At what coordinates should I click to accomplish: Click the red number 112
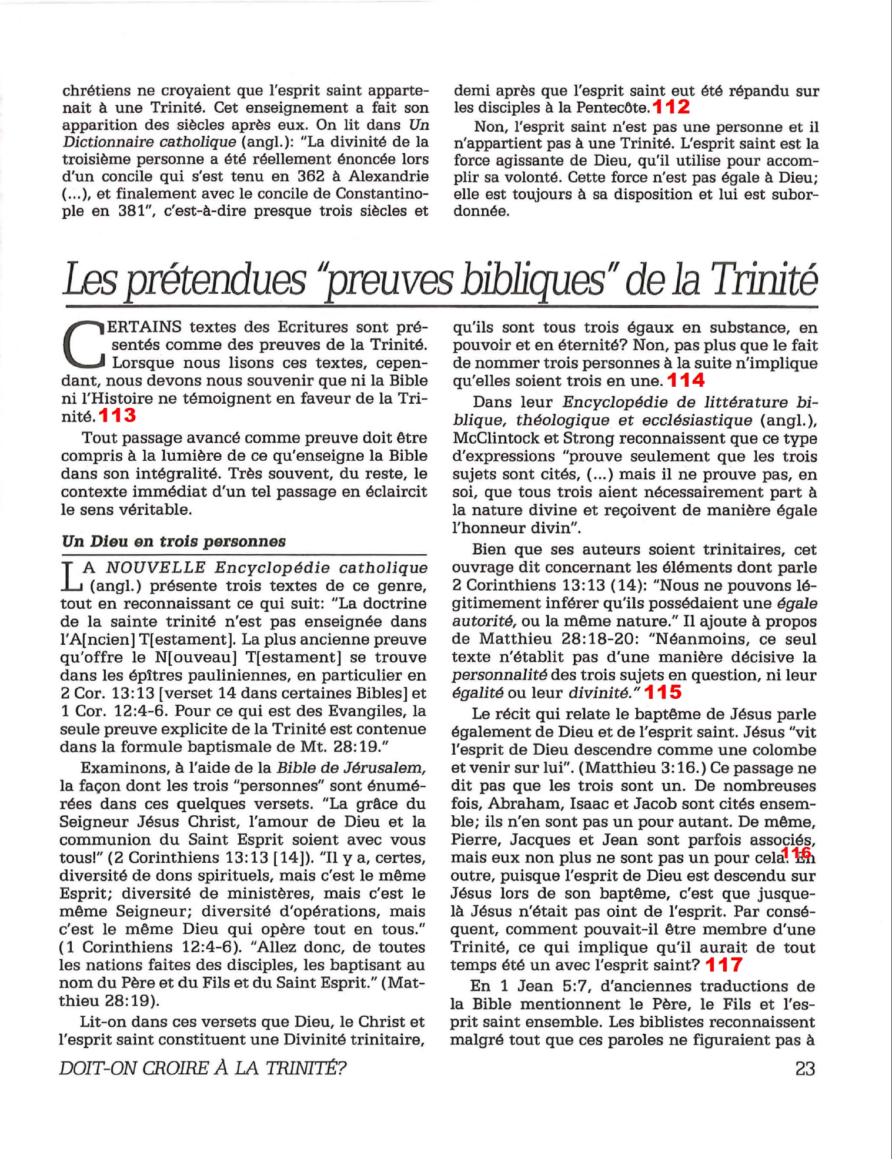[x=671, y=107]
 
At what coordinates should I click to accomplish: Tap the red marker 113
[x=118, y=416]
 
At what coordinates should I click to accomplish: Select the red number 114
[x=686, y=380]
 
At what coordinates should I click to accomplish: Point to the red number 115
[x=663, y=692]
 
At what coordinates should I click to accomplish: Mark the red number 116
[x=797, y=853]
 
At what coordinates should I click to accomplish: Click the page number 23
[x=805, y=1068]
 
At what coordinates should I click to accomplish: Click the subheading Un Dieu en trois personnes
[x=173, y=541]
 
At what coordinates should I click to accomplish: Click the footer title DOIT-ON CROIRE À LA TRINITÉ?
[x=202, y=1068]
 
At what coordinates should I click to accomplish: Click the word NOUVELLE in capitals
[x=156, y=568]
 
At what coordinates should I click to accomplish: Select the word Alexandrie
[x=388, y=176]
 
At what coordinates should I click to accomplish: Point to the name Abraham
[x=534, y=803]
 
